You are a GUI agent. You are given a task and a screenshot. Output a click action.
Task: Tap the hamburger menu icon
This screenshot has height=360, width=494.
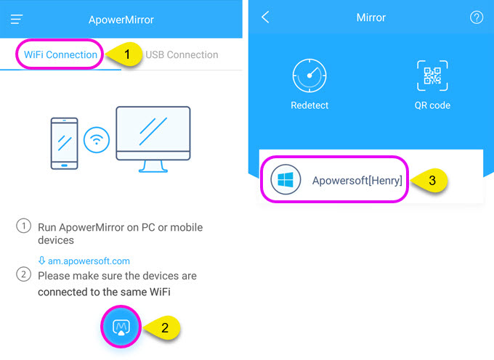tap(17, 19)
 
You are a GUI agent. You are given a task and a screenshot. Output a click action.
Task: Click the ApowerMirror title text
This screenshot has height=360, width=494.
tap(121, 20)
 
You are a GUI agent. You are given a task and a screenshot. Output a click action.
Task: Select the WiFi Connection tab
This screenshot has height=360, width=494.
tap(60, 54)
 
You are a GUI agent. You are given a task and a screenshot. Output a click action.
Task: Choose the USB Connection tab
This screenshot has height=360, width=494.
tap(182, 54)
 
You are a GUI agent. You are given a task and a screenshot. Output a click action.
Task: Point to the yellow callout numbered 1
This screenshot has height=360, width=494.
tap(124, 54)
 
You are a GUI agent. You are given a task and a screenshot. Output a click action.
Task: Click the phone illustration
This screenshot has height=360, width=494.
tap(64, 144)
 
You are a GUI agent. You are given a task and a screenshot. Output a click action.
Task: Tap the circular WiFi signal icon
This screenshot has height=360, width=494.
tap(97, 140)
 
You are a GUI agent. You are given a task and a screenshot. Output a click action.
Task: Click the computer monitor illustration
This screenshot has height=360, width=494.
tap(153, 139)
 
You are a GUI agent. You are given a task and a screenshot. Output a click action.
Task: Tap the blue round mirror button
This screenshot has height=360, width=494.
tap(121, 327)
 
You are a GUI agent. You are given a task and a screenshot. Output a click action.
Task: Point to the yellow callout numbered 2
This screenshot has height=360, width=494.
tap(162, 328)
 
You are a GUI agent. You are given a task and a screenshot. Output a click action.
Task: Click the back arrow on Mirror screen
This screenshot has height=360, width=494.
tap(265, 17)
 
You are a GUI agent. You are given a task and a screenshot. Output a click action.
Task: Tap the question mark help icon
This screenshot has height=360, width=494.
tap(477, 17)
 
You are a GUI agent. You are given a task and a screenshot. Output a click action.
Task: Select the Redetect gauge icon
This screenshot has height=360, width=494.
tap(309, 75)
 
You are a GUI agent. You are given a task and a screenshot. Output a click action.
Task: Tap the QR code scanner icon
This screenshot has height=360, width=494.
tap(432, 75)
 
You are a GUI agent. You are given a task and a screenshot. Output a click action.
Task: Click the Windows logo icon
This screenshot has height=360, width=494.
tap(286, 180)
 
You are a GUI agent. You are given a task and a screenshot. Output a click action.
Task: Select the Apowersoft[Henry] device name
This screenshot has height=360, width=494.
tap(357, 181)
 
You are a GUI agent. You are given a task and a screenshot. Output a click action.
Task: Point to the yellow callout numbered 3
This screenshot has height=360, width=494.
tap(429, 181)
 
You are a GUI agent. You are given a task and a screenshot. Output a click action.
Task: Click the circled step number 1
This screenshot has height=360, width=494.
tap(24, 226)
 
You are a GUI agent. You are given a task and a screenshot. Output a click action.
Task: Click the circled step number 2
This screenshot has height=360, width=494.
tap(24, 274)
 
